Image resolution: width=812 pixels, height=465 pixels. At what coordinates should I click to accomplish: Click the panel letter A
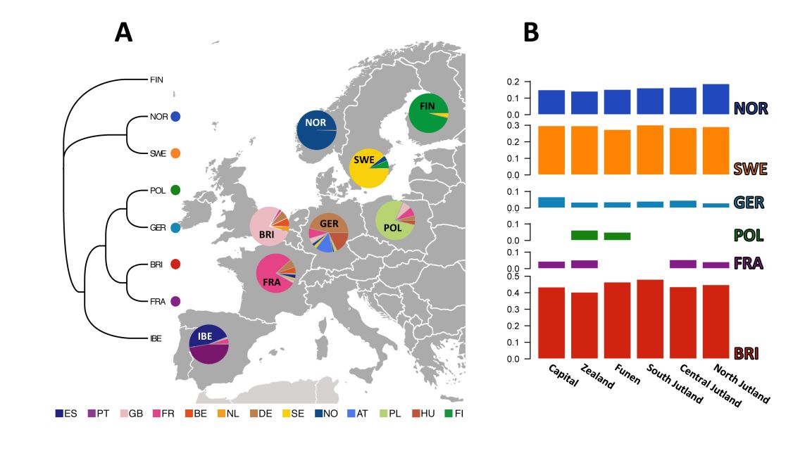coord(123,32)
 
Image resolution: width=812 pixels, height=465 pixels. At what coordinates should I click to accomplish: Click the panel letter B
coord(531,32)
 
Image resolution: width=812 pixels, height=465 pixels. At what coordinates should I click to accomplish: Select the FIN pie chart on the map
coord(428,113)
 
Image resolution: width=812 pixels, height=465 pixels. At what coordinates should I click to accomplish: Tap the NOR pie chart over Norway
coord(316,130)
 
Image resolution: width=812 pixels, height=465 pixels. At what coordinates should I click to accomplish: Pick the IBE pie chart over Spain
coord(209,344)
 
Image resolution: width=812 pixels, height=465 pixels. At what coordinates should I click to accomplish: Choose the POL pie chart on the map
coord(395,219)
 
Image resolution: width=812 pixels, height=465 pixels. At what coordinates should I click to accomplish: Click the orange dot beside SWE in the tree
coord(175,153)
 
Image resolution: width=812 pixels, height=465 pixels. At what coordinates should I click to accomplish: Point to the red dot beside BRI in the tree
coord(175,265)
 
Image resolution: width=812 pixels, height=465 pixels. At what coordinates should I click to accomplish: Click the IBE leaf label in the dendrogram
coord(156,338)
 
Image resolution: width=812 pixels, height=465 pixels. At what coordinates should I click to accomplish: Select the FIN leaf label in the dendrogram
coord(156,79)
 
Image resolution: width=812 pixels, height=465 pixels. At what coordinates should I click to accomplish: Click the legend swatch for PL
coord(384,414)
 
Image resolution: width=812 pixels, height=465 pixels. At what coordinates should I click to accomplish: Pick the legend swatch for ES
coord(59,414)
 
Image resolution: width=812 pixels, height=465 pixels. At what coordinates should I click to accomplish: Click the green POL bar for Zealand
coord(584,235)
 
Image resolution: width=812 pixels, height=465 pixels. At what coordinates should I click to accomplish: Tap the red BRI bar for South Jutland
coord(650,319)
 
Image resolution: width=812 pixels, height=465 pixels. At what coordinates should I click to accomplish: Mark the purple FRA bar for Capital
coord(551,265)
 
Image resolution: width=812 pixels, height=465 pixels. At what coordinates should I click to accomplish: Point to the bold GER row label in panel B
coord(749,203)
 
